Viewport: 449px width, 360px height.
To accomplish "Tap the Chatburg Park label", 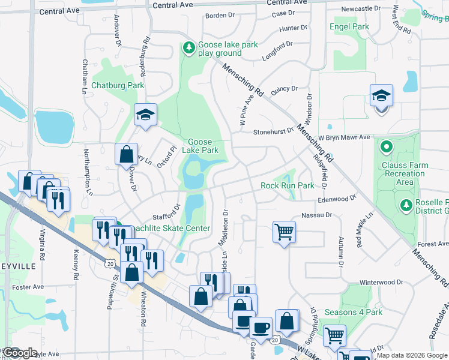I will tap(118, 86).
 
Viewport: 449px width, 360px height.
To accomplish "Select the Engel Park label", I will tap(349, 27).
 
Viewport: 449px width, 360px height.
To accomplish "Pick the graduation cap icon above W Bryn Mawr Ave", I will tap(381, 97).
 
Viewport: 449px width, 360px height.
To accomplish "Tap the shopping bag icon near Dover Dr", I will tap(127, 154).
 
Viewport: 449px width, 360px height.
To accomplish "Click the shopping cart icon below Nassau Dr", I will tap(284, 231).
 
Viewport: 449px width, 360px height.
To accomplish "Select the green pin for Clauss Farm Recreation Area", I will tap(387, 146).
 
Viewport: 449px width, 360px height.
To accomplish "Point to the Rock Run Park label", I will tap(288, 186).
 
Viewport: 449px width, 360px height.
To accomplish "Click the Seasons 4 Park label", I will tap(354, 313).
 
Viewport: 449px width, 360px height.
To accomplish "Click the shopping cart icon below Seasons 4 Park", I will tap(334, 335).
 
